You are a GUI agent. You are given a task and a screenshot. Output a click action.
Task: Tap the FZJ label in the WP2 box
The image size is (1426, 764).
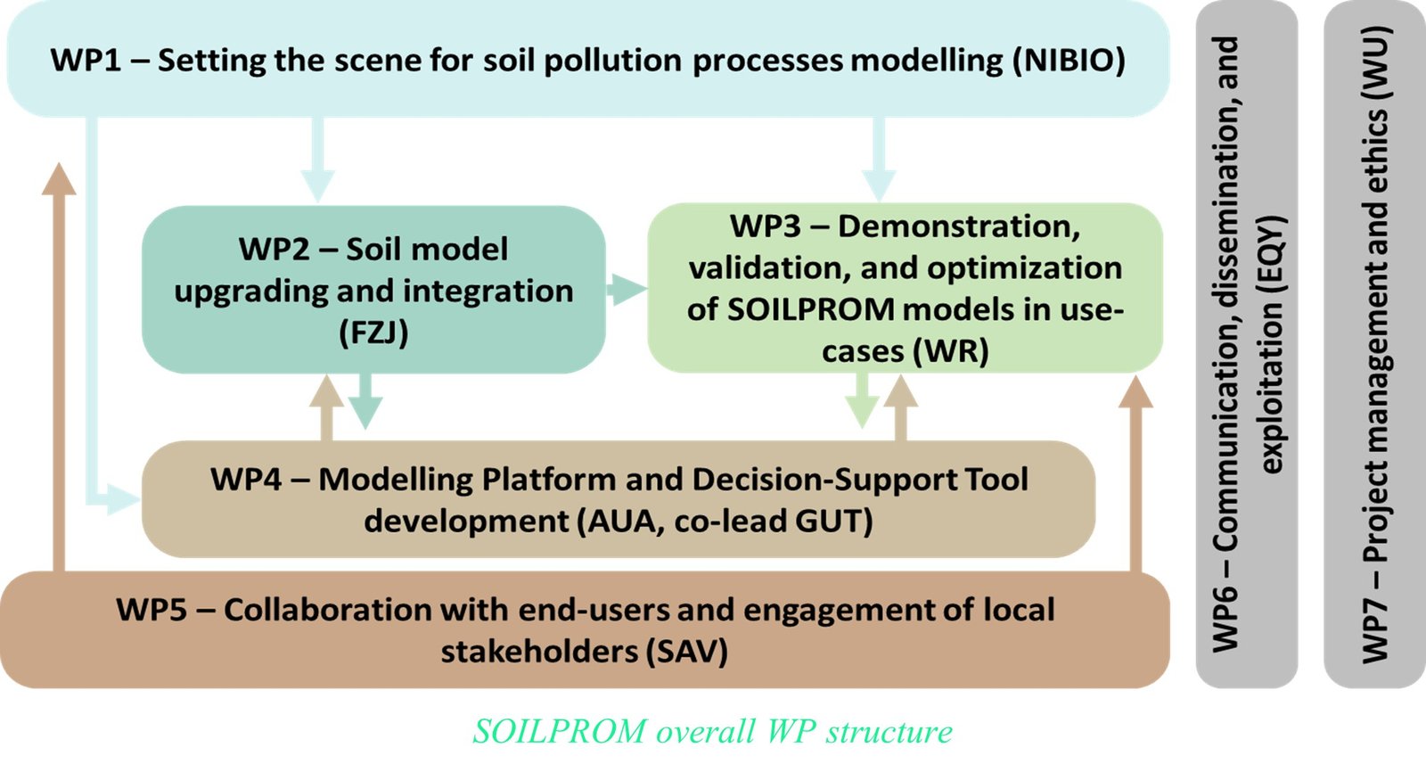(373, 333)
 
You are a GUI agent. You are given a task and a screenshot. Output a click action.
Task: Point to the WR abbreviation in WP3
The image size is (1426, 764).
(953, 351)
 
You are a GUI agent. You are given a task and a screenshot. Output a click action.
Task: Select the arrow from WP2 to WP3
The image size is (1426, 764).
(627, 290)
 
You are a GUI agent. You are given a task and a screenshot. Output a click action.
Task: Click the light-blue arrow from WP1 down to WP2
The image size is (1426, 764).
(317, 160)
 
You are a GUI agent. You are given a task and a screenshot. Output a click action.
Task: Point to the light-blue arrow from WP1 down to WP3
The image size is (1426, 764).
(879, 160)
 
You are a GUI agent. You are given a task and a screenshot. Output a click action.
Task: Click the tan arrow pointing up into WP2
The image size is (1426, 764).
(326, 407)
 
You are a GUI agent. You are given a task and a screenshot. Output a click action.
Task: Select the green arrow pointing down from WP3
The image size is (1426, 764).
(862, 400)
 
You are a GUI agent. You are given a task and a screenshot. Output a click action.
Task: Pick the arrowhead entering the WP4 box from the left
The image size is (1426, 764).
(124, 499)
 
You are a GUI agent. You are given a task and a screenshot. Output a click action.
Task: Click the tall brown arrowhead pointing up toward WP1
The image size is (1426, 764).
(59, 179)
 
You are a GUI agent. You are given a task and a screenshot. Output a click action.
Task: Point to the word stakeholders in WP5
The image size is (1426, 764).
(539, 652)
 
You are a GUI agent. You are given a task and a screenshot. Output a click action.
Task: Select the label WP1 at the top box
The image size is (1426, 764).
(86, 61)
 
